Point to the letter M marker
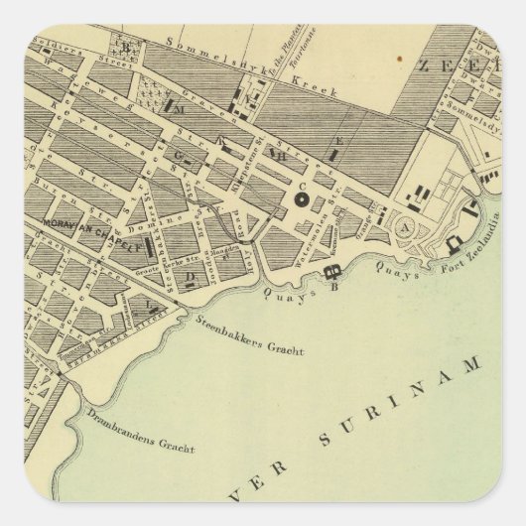click(x=182, y=111)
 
